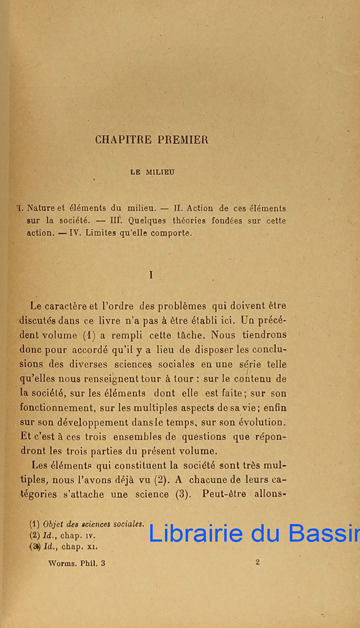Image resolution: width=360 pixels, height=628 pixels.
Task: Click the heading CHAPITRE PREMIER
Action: (x=152, y=140)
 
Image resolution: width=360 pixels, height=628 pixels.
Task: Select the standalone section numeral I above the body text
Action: (x=151, y=275)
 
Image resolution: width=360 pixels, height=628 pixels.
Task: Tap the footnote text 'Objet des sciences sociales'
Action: (x=94, y=524)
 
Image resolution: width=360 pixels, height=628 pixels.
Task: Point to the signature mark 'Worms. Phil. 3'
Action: (x=76, y=563)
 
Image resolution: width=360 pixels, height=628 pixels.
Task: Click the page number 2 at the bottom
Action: (x=258, y=563)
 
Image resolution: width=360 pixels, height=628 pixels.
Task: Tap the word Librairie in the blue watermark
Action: (x=195, y=533)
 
